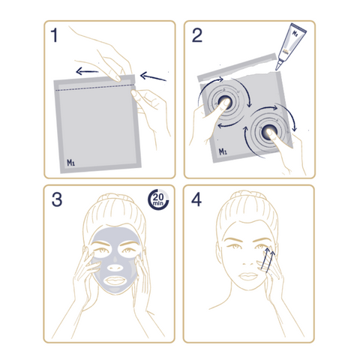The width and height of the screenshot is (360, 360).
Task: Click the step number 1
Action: [x=54, y=35]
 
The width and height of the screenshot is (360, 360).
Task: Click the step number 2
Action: [x=197, y=35]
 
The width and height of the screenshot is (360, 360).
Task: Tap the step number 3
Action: [x=57, y=199]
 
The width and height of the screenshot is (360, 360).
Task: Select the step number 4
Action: [x=196, y=199]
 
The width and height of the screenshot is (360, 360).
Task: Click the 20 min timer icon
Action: [x=158, y=199]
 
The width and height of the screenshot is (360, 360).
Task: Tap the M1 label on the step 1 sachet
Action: [x=70, y=163]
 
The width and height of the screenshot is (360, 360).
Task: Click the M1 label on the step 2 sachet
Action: [x=223, y=151]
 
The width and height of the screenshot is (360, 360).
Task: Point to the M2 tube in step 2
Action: [x=291, y=46]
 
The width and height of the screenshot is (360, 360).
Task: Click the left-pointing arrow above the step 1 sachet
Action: [x=87, y=71]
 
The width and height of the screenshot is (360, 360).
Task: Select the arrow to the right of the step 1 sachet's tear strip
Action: [x=153, y=76]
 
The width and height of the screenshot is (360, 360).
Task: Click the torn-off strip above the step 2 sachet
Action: [x=237, y=67]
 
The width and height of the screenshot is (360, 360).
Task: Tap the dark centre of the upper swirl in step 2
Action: [x=224, y=101]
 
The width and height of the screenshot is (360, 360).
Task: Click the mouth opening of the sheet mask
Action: [x=115, y=281]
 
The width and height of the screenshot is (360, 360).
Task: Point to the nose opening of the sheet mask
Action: [x=115, y=268]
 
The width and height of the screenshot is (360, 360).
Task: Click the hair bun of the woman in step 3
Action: [x=115, y=198]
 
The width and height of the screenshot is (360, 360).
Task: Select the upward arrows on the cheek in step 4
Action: [x=268, y=259]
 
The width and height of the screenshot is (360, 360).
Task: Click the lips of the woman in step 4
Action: [x=248, y=276]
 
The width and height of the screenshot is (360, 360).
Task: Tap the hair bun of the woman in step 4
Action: [x=247, y=196]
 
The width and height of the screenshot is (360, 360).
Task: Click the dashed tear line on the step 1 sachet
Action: [x=95, y=88]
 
